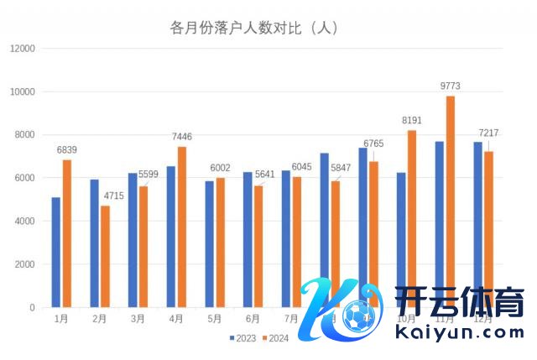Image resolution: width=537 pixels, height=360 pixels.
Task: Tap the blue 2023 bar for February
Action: [x=94, y=243]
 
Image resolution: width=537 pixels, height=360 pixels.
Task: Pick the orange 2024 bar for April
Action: [x=182, y=227]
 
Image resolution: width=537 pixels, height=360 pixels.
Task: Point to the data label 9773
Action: [x=450, y=86]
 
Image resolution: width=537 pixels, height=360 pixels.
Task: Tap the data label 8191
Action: [x=411, y=120]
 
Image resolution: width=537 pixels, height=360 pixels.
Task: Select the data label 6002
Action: [x=219, y=168]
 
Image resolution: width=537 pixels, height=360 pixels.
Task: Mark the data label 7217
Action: [x=488, y=133]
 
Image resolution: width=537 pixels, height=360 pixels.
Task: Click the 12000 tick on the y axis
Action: [x=22, y=49]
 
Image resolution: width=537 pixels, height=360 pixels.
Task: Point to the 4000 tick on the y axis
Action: [x=24, y=222]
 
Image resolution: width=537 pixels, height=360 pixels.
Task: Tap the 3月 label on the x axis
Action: [x=138, y=319]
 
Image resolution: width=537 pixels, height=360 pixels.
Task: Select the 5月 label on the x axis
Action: [x=214, y=319]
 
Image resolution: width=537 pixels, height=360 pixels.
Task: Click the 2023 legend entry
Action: [x=242, y=338]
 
